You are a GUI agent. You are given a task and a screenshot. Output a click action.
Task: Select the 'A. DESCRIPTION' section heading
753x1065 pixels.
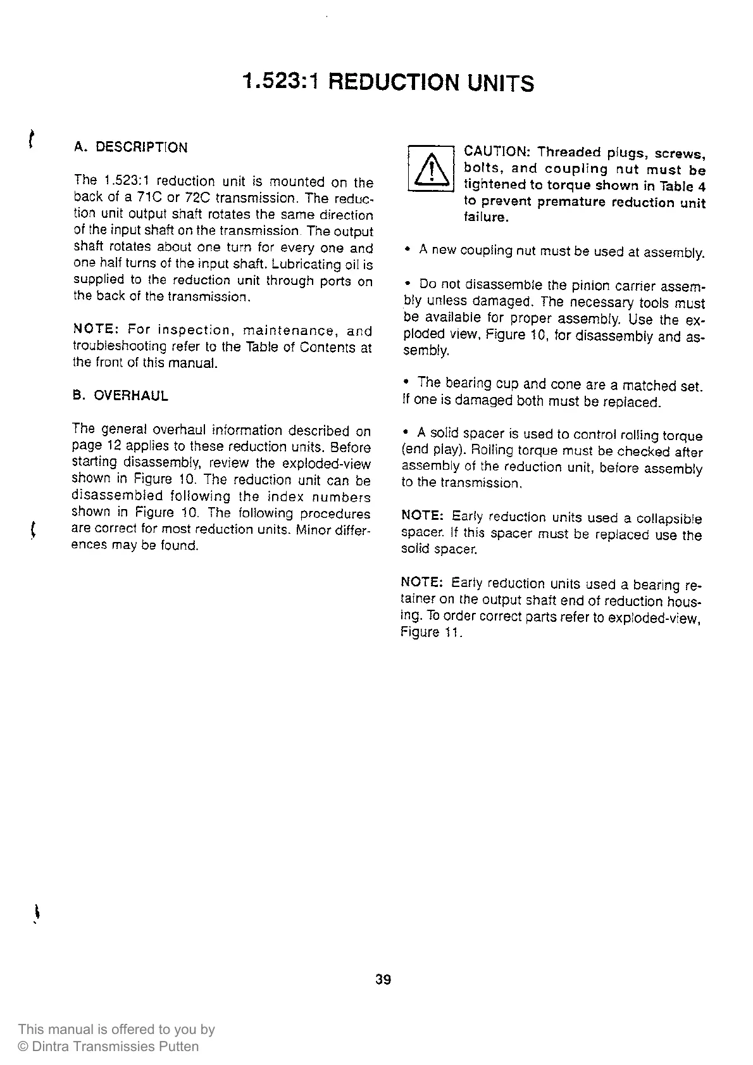pyautogui.click(x=130, y=148)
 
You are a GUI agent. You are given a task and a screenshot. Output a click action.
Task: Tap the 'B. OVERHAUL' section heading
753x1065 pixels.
pyautogui.click(x=120, y=396)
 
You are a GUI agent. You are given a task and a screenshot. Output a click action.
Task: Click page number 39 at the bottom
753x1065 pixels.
pyautogui.click(x=383, y=980)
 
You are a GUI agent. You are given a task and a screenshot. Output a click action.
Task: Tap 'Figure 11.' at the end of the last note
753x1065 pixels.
pyautogui.click(x=432, y=633)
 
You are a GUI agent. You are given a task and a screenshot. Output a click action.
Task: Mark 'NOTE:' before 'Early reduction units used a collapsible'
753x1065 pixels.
pyautogui.click(x=423, y=517)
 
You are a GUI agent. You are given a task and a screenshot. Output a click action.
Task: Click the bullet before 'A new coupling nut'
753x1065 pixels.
pyautogui.click(x=409, y=251)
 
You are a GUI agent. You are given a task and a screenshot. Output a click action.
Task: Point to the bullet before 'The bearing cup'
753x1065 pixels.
pyautogui.click(x=406, y=383)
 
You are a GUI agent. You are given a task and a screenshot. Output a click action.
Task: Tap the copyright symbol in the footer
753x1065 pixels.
pyautogui.click(x=23, y=1047)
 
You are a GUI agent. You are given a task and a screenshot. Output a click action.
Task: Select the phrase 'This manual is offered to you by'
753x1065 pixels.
pyautogui.click(x=116, y=1030)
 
